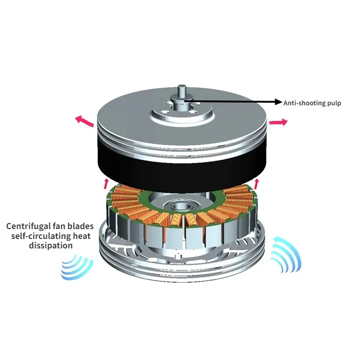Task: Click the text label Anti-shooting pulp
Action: (312, 103)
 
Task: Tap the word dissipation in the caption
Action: (50, 246)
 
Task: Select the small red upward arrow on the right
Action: (257, 183)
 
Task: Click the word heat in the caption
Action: (84, 236)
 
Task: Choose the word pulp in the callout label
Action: (333, 103)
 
